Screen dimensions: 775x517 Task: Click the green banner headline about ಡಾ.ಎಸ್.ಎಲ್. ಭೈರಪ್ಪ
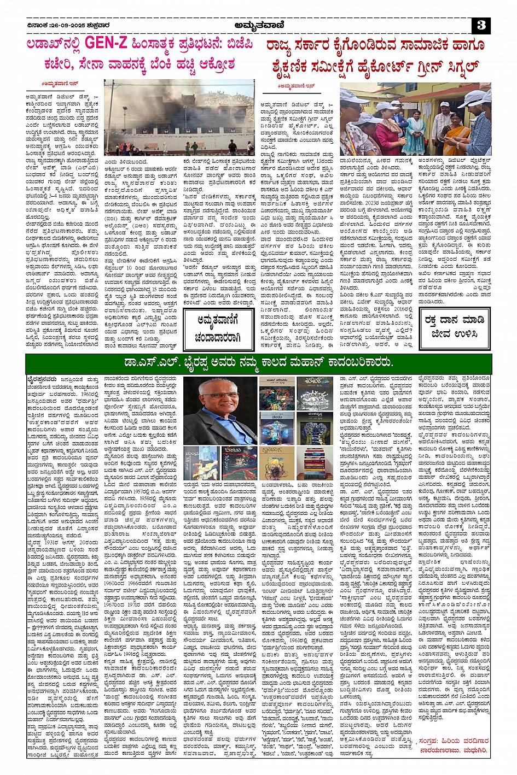coord(258,362)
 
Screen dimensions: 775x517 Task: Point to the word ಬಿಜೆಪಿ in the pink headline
coord(236,44)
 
